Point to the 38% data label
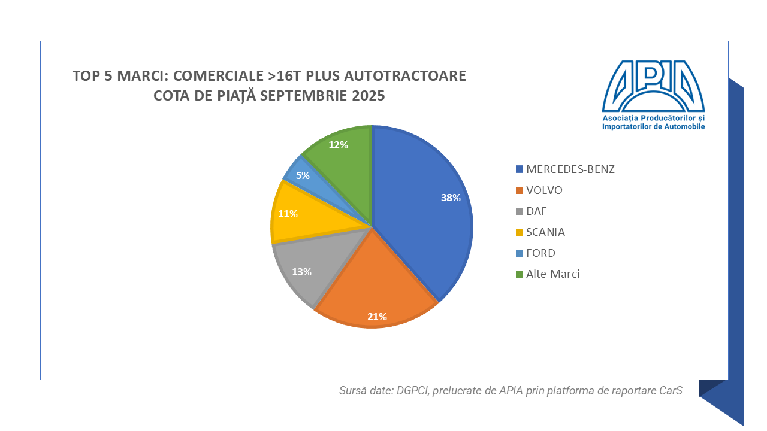(x=451, y=198)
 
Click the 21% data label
(x=377, y=317)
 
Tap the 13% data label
(x=301, y=272)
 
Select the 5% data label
(x=303, y=175)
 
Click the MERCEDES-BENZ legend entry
(x=570, y=169)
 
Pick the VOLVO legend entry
(x=544, y=190)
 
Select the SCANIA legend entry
(x=545, y=232)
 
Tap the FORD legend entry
(x=540, y=253)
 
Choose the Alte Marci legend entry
(x=552, y=274)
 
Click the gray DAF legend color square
(x=519, y=212)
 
